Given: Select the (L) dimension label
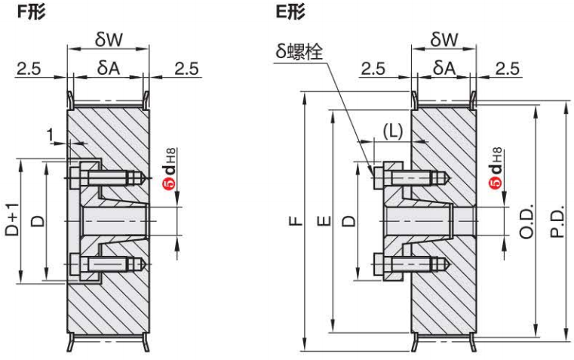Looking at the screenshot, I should click(x=393, y=130).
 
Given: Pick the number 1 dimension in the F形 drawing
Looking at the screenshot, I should click(x=51, y=135).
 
